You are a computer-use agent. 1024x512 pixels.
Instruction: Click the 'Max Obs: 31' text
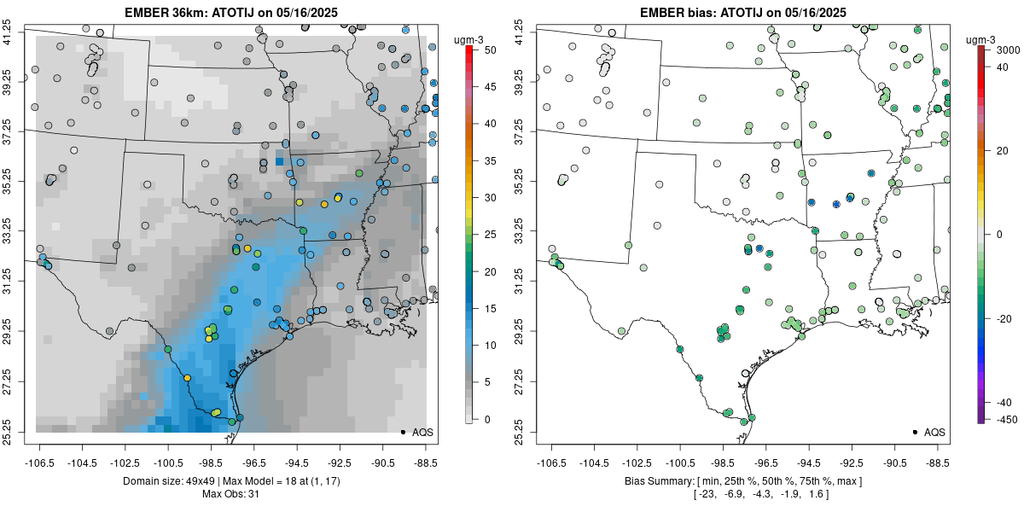tap(230, 494)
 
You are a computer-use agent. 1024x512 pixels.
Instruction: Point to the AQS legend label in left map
tap(422, 433)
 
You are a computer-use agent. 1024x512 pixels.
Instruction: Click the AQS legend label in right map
tap(934, 433)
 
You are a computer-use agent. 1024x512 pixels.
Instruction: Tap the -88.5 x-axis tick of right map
tap(938, 463)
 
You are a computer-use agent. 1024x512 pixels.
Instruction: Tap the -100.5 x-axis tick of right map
tap(680, 463)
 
